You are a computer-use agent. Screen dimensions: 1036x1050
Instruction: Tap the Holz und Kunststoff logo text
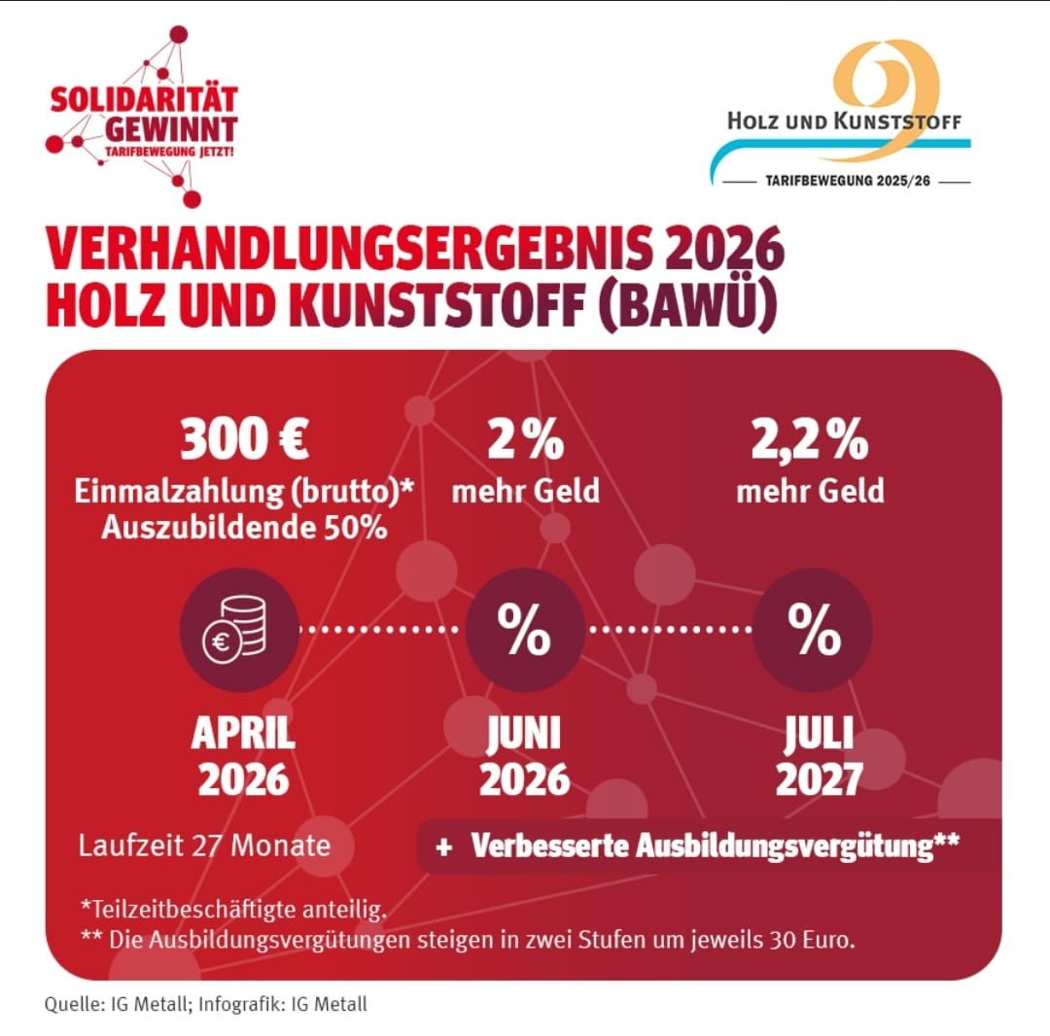tap(844, 122)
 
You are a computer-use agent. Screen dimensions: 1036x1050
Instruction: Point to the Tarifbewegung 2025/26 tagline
tap(842, 182)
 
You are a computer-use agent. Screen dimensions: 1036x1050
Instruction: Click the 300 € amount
tap(245, 439)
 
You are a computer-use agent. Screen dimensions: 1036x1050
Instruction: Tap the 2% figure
tap(525, 439)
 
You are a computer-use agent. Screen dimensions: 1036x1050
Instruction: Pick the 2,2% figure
tap(810, 439)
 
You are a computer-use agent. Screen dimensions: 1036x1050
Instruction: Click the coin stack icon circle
tap(239, 629)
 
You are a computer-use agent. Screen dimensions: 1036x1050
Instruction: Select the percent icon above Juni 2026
tap(525, 629)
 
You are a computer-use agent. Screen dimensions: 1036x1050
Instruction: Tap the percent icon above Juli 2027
tap(813, 629)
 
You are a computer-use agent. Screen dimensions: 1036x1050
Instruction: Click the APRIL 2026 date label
tap(243, 756)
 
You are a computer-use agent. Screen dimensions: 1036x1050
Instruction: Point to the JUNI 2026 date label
tap(525, 756)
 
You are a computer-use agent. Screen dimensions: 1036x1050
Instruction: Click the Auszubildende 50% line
tap(244, 528)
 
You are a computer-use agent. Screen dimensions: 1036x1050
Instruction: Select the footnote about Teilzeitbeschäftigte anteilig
tap(233, 909)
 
